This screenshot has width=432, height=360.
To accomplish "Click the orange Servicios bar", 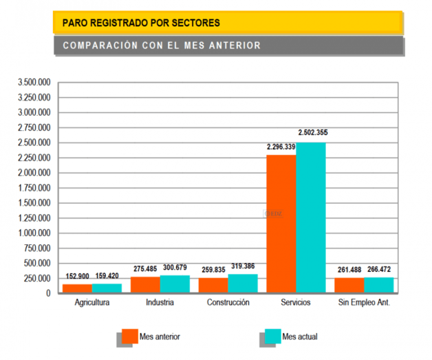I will (281, 224).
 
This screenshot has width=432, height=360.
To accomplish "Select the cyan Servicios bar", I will (311, 218).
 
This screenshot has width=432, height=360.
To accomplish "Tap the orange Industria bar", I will (145, 285).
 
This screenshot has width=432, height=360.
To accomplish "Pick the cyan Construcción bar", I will (243, 284).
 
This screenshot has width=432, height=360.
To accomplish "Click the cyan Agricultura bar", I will (107, 288).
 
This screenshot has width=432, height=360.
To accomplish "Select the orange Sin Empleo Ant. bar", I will (349, 286).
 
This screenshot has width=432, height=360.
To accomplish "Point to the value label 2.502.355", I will (312, 132).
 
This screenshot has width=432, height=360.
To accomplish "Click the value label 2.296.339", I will (281, 147).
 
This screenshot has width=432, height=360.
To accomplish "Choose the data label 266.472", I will (379, 269).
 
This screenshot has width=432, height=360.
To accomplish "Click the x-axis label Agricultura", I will (91, 303).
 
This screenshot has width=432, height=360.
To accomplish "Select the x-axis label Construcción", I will (227, 303).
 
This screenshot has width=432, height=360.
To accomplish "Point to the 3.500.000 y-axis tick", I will (34, 82).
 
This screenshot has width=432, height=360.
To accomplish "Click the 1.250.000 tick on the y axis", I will (34, 218).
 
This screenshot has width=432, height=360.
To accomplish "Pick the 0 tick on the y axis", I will (48, 294).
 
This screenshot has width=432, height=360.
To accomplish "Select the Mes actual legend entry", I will (299, 337).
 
